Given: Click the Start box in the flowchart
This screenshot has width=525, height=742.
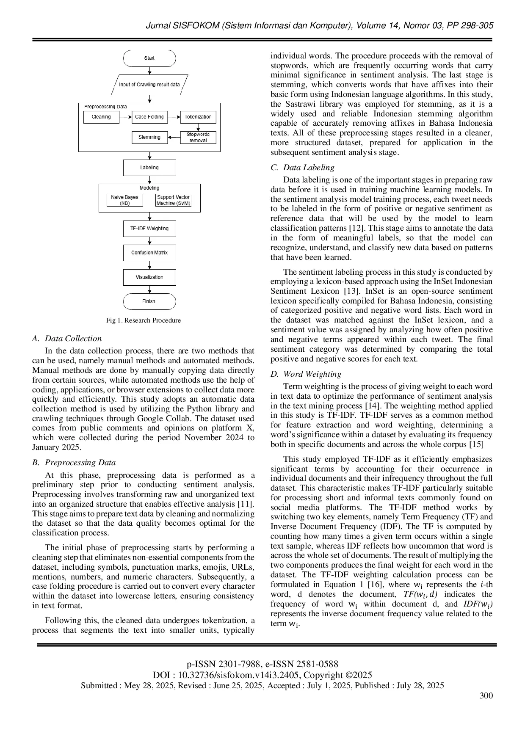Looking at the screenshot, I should (x=149, y=58).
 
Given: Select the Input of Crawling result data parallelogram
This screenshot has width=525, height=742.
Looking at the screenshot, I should (x=149, y=85).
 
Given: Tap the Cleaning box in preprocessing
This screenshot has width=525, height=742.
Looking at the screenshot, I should (x=101, y=117).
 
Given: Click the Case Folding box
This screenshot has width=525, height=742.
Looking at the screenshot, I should (x=149, y=117).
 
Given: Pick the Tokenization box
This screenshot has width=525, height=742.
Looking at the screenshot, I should (x=198, y=117).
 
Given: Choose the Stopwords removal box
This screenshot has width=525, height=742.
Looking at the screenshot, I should (x=198, y=138).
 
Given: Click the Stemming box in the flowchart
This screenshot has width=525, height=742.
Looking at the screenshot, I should (x=149, y=137).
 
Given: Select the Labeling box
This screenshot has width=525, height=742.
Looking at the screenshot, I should (x=149, y=168).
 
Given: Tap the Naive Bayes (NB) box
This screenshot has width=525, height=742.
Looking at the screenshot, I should (x=124, y=200).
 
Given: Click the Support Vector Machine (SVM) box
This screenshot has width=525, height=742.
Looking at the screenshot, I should (x=174, y=200).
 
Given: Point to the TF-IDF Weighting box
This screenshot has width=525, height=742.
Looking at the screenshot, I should (x=149, y=229).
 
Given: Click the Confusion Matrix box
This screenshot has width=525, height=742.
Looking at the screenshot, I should (x=149, y=253).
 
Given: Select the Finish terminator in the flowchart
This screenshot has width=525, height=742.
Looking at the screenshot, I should (x=149, y=301).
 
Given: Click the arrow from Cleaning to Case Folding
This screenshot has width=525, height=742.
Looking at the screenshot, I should (x=125, y=117).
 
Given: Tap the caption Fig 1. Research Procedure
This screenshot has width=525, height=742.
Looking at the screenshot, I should (x=144, y=320).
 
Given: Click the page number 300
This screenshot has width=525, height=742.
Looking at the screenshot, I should (x=486, y=695).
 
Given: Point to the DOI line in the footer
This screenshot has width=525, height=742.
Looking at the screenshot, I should (x=262, y=675).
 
